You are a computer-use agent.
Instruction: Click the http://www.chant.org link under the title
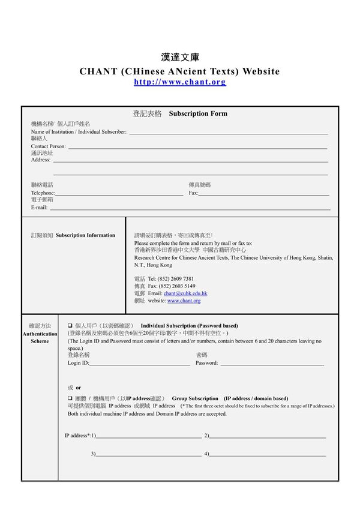180,82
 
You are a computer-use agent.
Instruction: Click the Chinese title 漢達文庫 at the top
180,58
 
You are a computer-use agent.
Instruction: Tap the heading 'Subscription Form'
198,113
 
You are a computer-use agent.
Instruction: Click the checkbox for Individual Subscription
70,326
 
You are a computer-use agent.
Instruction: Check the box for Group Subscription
70,398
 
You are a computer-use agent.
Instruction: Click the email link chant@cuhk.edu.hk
185,293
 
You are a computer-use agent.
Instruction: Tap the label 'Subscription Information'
85,235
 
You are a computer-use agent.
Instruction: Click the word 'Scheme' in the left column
40,341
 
